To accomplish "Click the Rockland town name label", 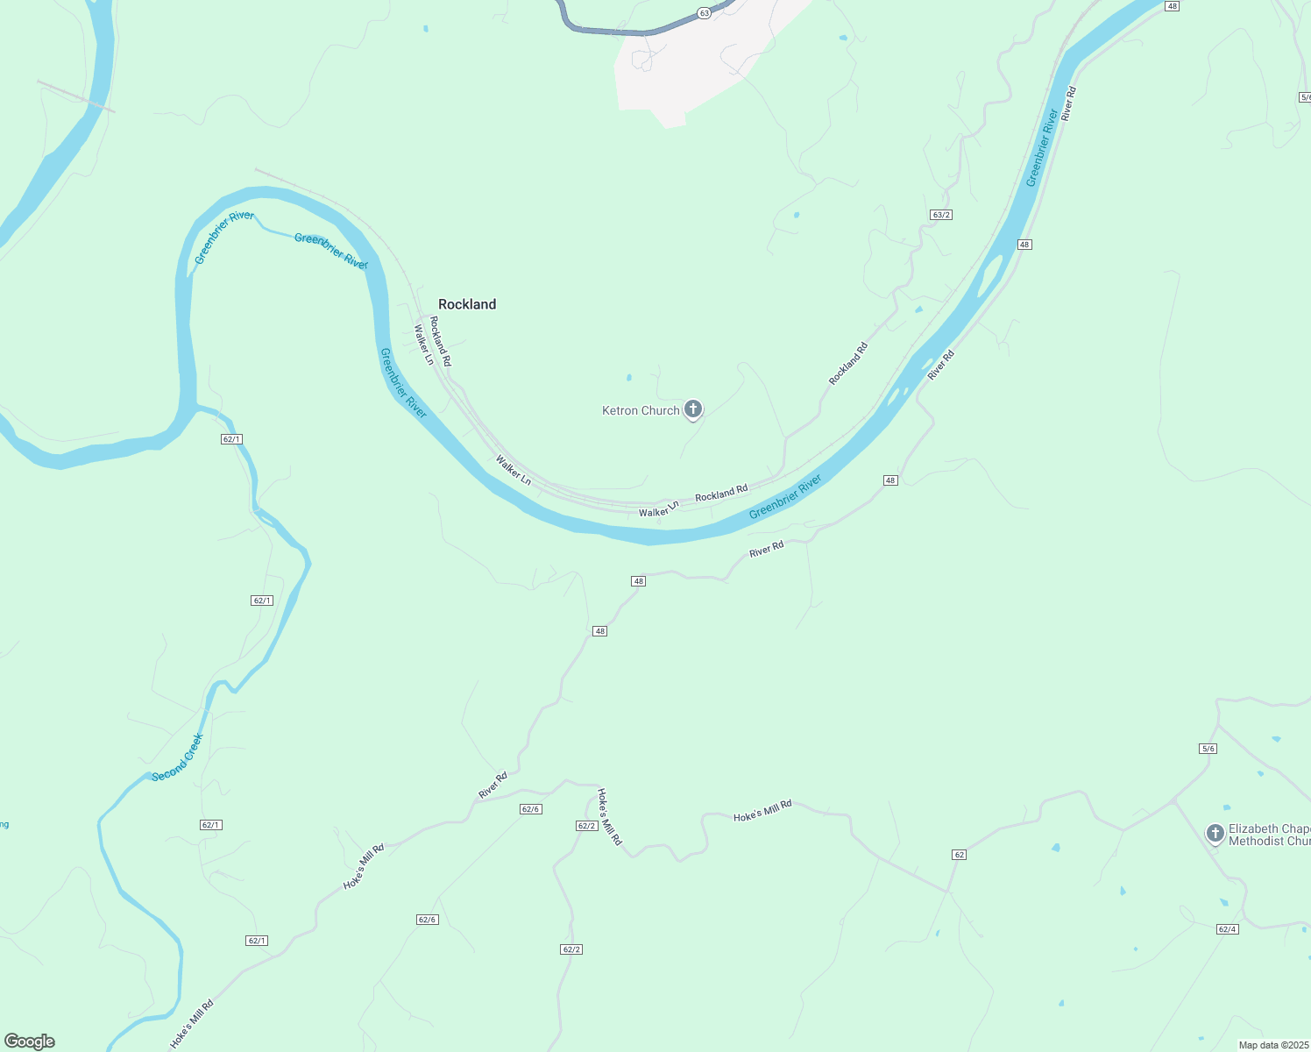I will point(467,304).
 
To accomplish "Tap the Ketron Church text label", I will point(641,410).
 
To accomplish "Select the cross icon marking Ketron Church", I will point(693,409).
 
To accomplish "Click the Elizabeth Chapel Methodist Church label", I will point(1269,835).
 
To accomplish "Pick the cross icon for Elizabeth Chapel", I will point(1215,833).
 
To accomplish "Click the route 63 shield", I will point(704,13).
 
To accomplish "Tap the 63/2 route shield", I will point(941,215).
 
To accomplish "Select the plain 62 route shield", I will point(960,854).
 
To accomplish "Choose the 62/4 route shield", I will point(1227,929).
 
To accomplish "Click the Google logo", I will point(30,1041).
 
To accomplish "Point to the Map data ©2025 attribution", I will point(1272,1045).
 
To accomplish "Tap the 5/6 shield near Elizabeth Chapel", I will point(1208,749).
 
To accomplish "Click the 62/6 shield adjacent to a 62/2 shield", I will point(530,809).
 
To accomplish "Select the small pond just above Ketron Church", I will point(628,378).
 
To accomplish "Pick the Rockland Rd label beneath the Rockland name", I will point(440,341).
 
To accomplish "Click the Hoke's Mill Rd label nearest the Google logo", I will point(191,1023).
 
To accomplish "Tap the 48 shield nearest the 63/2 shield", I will point(1024,245).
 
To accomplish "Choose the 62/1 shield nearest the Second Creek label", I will point(210,825).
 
